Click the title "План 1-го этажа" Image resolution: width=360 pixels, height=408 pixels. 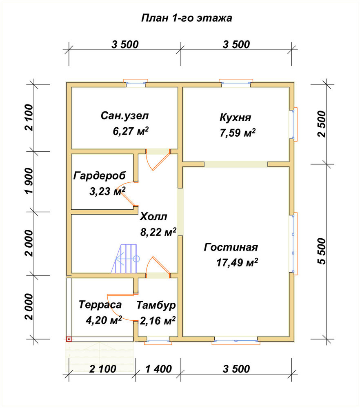(x=187, y=18)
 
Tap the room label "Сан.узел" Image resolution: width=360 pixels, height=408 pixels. (x=124, y=115)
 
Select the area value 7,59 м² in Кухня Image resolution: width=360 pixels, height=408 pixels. (x=238, y=133)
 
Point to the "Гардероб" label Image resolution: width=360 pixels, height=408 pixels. (x=100, y=175)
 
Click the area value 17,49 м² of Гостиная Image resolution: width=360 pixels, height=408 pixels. (x=237, y=262)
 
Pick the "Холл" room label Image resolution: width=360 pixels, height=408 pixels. (x=153, y=217)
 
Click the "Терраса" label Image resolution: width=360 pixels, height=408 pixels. (x=100, y=305)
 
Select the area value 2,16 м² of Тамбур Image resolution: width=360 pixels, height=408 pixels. (x=158, y=321)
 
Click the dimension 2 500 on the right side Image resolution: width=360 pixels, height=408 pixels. (x=322, y=124)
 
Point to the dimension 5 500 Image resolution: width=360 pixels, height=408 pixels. (x=322, y=251)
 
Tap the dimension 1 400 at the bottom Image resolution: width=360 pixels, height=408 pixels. (x=158, y=369)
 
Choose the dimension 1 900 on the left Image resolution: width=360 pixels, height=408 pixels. (x=29, y=181)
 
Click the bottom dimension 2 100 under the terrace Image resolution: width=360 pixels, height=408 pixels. (x=102, y=369)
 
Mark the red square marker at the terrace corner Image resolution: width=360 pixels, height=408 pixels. (x=69, y=339)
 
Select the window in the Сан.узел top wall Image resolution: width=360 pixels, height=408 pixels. (x=136, y=83)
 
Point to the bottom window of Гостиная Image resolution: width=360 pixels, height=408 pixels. (x=236, y=341)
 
